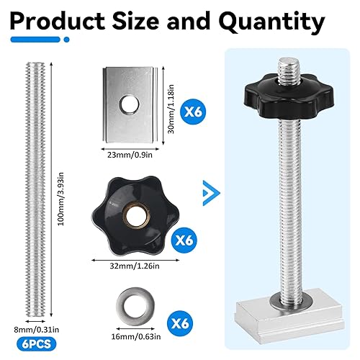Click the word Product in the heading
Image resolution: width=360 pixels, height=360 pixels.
pos(57,21)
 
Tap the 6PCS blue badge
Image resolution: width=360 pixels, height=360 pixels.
pos(37,344)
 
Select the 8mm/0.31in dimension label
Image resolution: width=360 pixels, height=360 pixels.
pos(36,330)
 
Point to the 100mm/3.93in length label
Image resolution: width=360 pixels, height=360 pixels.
pos(61,199)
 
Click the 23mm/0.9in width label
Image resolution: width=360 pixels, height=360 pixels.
pos(130,155)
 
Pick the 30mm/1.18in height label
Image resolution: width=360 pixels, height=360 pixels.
pos(171,109)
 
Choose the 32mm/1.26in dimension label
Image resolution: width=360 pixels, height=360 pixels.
pos(135,266)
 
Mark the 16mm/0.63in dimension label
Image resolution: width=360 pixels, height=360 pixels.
pos(136,336)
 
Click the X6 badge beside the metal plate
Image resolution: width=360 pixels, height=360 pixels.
pos(193,112)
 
